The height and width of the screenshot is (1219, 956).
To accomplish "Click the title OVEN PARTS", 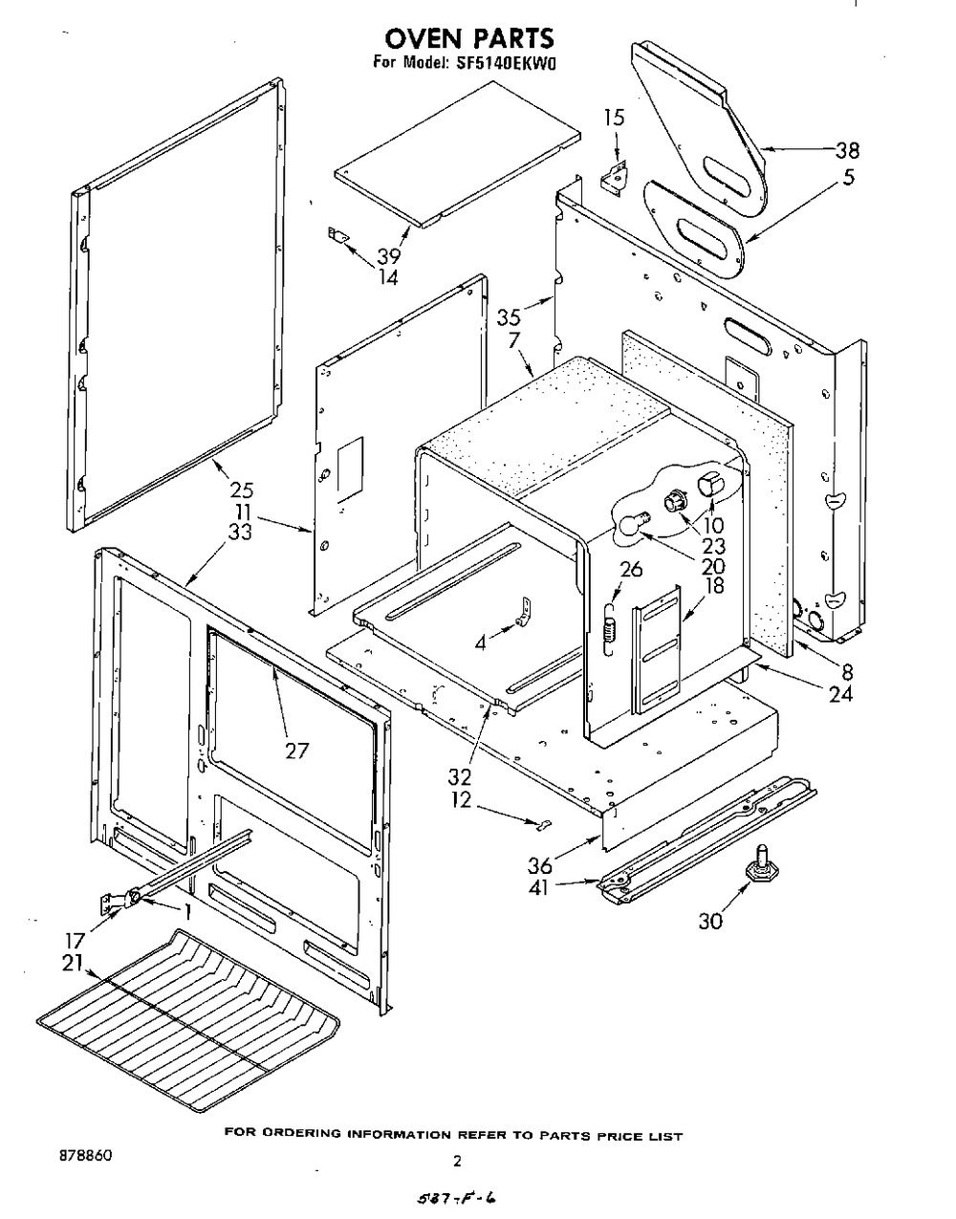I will (x=468, y=38).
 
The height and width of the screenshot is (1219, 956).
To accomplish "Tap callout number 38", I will (x=846, y=150).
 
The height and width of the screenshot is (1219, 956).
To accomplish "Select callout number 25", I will (x=241, y=490).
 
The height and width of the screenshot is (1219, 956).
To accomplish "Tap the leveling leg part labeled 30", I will (x=761, y=860).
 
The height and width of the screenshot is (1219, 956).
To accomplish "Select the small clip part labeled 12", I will (x=542, y=820).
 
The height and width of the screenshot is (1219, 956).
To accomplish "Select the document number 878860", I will (x=85, y=1155).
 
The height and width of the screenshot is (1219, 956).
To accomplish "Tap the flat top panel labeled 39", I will (x=459, y=153).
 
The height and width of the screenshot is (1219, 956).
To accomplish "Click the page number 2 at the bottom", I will (x=457, y=1163).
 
